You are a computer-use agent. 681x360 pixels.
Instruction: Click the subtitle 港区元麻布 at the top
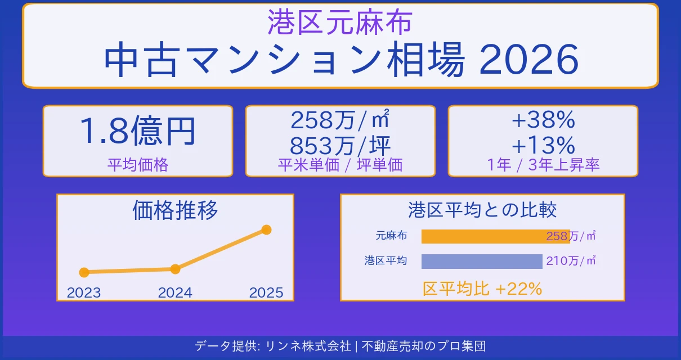(340, 22)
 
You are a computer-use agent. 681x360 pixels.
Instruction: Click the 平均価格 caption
(137, 165)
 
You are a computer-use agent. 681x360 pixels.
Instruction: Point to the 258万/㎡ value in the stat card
(340, 120)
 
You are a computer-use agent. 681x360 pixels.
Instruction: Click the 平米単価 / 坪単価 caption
(340, 165)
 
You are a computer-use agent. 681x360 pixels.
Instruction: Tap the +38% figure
(543, 120)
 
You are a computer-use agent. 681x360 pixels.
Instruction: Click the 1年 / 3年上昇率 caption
(543, 165)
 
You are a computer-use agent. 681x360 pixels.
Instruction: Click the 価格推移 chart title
(175, 210)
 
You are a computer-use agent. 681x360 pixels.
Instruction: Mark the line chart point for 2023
(84, 272)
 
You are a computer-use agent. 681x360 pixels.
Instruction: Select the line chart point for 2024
(175, 269)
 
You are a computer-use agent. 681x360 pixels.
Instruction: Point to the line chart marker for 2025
(267, 229)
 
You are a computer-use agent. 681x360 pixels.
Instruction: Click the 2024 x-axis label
(175, 292)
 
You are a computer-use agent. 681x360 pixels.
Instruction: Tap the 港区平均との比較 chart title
(482, 210)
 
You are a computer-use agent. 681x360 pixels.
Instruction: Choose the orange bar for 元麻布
(484, 236)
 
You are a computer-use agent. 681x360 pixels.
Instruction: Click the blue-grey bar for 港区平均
(481, 261)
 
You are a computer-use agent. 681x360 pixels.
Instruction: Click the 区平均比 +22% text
(482, 289)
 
